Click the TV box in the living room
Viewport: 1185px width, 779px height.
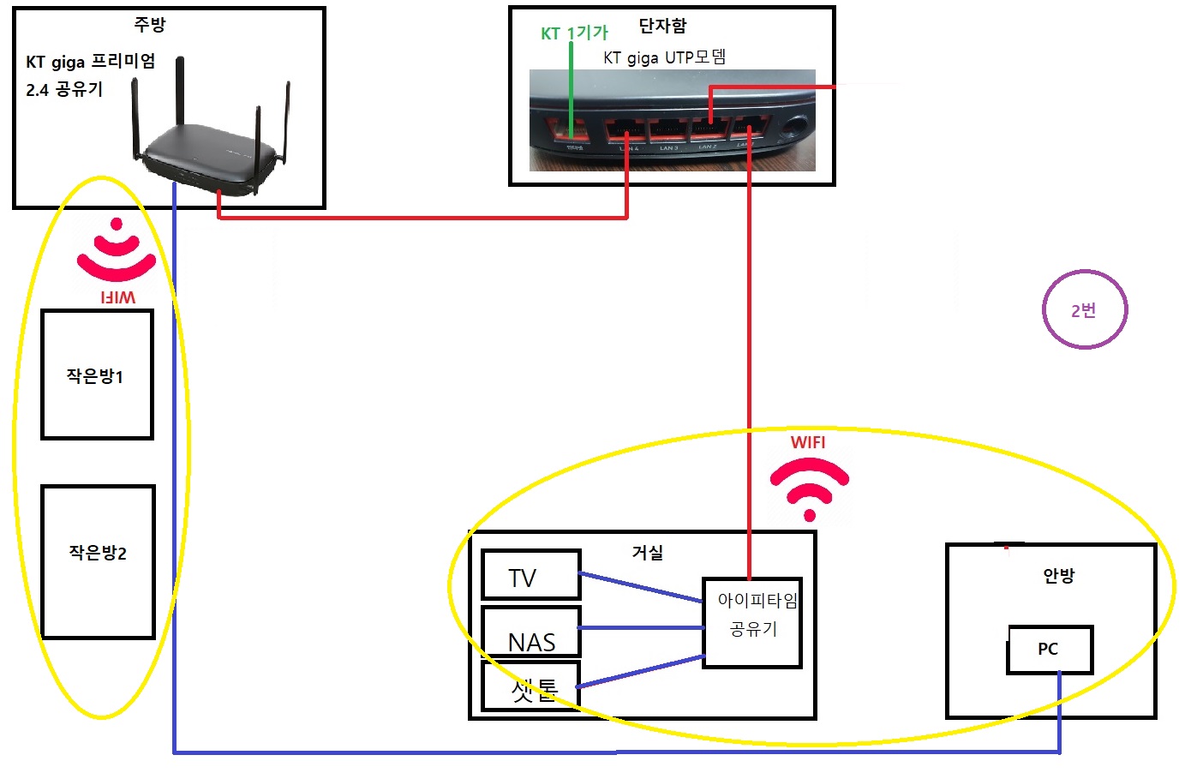click(x=530, y=575)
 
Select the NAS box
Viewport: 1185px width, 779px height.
click(x=530, y=632)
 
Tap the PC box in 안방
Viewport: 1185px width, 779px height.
click(x=1049, y=650)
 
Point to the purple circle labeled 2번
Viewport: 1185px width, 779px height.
click(x=1084, y=309)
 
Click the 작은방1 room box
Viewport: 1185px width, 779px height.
click(x=97, y=375)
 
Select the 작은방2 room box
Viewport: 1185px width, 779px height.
click(x=98, y=561)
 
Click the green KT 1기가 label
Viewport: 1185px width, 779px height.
click(x=574, y=33)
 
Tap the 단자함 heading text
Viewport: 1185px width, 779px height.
click(x=662, y=26)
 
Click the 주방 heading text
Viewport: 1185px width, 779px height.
click(x=149, y=24)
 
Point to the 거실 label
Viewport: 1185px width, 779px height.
click(x=647, y=553)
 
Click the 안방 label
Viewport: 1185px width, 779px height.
click(x=1058, y=575)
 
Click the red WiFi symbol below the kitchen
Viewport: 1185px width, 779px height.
click(x=117, y=251)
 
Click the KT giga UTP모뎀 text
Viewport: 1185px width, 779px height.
click(x=664, y=57)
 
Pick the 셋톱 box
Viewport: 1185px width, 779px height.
click(x=530, y=686)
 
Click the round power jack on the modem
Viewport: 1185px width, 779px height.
click(x=796, y=128)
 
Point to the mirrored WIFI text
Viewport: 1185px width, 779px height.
click(x=117, y=297)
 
